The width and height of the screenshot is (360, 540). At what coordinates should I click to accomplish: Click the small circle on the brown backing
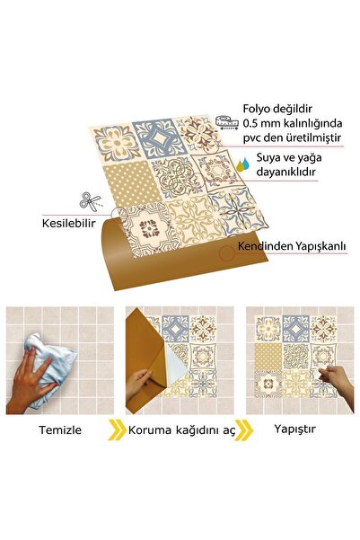(227, 254)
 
